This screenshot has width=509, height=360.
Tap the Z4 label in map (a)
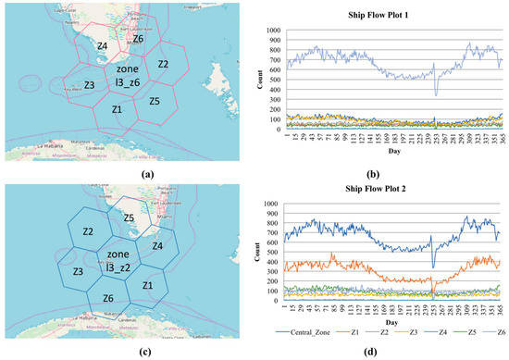point(102,46)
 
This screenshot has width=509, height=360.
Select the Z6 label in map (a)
point(138,39)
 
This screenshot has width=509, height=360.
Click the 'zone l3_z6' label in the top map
point(128,77)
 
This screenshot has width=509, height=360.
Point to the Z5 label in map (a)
point(154,100)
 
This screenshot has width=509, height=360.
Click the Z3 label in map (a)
point(89,85)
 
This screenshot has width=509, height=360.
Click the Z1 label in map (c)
point(147,287)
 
